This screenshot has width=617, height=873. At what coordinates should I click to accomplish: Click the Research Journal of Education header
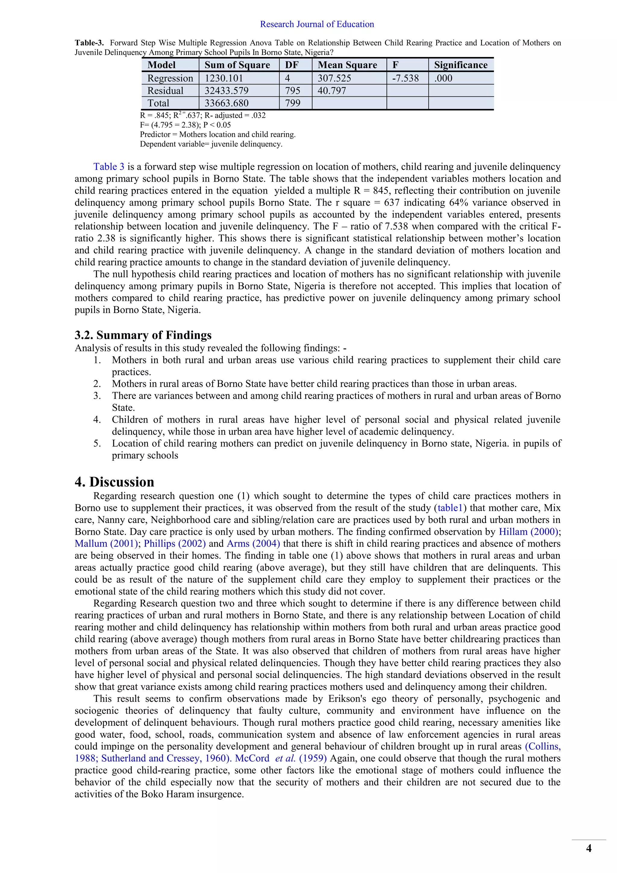[x=317, y=24]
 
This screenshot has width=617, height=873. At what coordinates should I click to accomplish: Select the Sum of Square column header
[x=237, y=65]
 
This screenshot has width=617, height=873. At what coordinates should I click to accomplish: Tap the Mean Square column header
[x=347, y=65]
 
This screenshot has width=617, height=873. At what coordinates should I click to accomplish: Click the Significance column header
[x=460, y=65]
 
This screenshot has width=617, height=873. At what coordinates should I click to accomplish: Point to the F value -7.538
[x=406, y=78]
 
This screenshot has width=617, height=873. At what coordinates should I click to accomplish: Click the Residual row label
[x=165, y=91]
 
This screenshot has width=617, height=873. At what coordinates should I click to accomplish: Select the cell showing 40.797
[x=332, y=91]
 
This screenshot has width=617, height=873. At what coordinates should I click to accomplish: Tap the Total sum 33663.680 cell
[x=227, y=103]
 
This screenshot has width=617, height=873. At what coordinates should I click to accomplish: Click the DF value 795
[x=293, y=91]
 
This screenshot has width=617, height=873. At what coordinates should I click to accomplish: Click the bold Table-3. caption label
[x=89, y=43]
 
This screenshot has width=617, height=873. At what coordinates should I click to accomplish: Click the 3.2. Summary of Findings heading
[x=143, y=335]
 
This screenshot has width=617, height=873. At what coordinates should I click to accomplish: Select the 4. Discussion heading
[x=114, y=482]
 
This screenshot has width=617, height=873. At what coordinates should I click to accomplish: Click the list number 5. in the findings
[x=97, y=443]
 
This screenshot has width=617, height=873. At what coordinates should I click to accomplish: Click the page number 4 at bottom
[x=588, y=848]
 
